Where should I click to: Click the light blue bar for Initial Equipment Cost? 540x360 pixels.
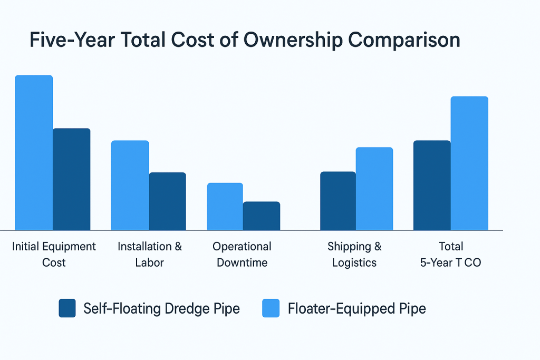[34, 153]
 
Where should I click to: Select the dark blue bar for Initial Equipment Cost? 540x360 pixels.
[72, 179]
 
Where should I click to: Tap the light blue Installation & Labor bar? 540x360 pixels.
[130, 185]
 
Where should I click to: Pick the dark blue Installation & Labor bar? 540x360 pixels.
[167, 201]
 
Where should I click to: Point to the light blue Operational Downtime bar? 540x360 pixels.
[225, 206]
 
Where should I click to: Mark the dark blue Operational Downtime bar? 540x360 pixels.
[262, 216]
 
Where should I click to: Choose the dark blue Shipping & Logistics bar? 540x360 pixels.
[338, 201]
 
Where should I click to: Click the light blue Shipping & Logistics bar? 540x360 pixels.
[374, 189]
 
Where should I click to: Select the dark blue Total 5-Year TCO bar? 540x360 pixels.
[432, 185]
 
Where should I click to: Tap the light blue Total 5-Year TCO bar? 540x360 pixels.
[469, 163]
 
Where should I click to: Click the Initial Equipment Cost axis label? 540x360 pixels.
[54, 254]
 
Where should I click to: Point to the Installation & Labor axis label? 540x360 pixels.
[150, 254]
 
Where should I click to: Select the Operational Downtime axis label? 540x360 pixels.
[242, 254]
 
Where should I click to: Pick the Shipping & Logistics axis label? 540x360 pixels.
[354, 254]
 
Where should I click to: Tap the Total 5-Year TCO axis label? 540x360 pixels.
[450, 254]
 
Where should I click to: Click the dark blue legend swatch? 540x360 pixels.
[67, 308]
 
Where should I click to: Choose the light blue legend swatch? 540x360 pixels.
[271, 308]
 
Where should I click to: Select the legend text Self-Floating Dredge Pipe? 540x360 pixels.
[161, 308]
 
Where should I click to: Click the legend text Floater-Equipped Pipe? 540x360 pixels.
[356, 308]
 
